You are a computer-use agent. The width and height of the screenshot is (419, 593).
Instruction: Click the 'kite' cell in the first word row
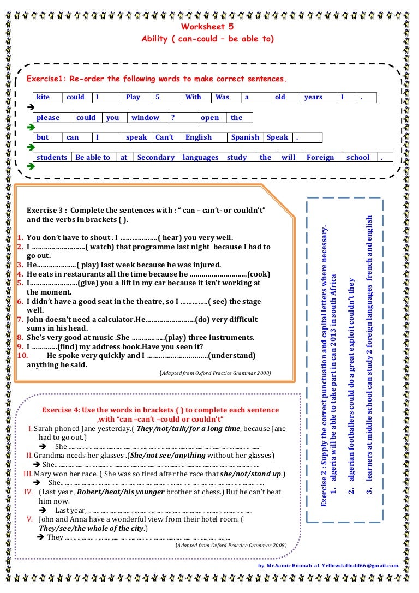coord(43,97)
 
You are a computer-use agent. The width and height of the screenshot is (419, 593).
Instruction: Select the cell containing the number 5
coord(158,97)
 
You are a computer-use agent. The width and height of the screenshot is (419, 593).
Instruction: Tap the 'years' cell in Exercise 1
coord(313,97)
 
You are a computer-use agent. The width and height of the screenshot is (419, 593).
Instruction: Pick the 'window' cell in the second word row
coord(145,117)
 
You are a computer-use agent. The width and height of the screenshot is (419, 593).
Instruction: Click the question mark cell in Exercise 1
coord(173,117)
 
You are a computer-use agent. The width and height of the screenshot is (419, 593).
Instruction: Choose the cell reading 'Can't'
coord(164,137)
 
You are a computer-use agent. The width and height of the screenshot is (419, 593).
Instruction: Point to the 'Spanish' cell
coord(245,137)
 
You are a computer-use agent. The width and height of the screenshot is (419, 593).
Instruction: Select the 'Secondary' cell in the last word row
coord(155,157)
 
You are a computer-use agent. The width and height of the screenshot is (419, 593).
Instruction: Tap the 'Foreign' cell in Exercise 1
coord(320,157)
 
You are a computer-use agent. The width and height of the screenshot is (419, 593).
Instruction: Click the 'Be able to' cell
coord(93,157)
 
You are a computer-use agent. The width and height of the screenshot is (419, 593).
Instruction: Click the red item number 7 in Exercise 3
coord(20,319)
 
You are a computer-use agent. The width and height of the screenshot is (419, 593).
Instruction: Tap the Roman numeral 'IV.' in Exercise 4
coord(29,492)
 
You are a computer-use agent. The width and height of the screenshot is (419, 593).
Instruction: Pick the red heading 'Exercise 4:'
coord(61,410)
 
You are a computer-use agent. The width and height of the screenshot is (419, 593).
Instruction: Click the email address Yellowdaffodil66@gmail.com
coord(360,565)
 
